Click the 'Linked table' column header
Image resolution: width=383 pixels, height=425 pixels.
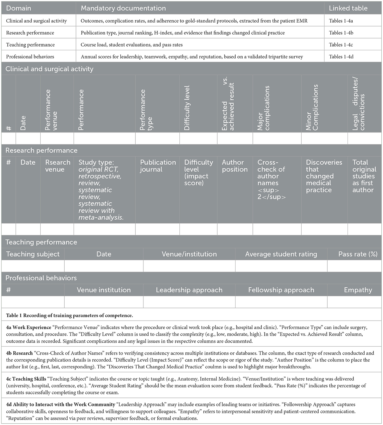point(348,8)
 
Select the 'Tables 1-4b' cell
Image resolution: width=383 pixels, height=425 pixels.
point(341,33)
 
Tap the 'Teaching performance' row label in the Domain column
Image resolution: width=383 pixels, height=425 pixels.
point(30,45)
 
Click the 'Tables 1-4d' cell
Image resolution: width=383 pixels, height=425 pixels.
point(341,57)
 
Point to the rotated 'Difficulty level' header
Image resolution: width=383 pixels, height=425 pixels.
point(187,108)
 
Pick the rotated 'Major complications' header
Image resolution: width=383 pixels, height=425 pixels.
point(264,108)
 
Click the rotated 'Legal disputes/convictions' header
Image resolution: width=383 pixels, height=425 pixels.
point(358,104)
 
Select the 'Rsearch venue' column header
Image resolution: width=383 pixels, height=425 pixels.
point(58,166)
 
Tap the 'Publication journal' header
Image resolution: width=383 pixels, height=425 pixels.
point(158,166)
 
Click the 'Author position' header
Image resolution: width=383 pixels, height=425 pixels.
point(235,166)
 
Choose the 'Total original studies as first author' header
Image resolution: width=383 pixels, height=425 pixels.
point(364,176)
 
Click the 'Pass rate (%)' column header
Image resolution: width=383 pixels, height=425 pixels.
point(358,254)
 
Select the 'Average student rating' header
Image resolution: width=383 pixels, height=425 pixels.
point(281,254)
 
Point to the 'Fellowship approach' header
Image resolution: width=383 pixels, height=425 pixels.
point(281,290)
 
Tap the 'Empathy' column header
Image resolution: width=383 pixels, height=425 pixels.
point(358,290)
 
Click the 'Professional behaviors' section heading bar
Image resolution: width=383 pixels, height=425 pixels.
point(41,278)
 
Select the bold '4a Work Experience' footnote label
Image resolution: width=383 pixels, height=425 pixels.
point(28,327)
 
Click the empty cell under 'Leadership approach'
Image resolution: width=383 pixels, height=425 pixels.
point(189,302)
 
